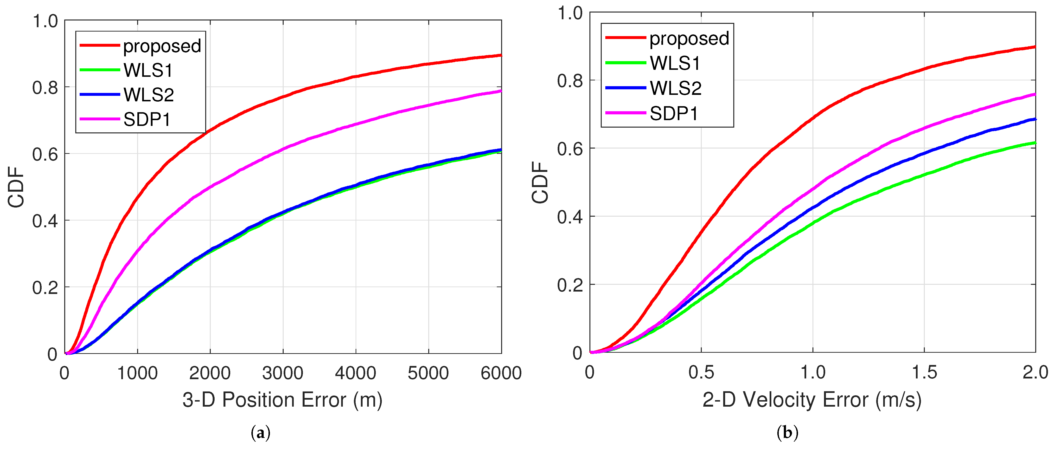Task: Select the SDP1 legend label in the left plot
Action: (x=147, y=119)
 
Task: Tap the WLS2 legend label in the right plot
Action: (x=676, y=88)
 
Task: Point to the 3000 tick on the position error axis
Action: (x=283, y=373)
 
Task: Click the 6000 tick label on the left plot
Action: (x=501, y=373)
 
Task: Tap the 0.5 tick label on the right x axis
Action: (x=701, y=372)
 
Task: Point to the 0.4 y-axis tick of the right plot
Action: (x=569, y=216)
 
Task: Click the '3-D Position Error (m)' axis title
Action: (x=282, y=400)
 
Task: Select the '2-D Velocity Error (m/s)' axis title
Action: (x=812, y=400)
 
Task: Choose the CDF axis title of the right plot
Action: (x=540, y=182)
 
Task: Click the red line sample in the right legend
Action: (x=626, y=38)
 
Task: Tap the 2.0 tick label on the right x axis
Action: (x=1035, y=372)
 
